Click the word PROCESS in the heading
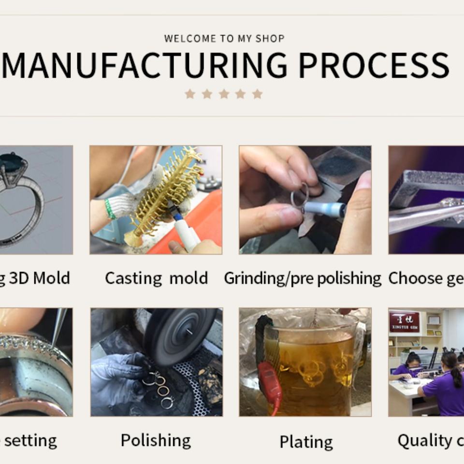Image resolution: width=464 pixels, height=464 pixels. click(374, 65)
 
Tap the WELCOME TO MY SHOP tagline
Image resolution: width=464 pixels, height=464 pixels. click(224, 39)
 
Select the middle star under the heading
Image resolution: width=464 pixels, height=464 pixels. click(223, 94)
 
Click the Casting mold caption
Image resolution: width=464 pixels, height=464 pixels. click(156, 278)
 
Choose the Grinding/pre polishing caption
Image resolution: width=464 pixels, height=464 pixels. click(303, 278)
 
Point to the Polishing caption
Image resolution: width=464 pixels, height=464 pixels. click(156, 441)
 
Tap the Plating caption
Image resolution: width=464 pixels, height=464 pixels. click(306, 442)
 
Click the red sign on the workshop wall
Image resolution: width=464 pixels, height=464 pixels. click(404, 321)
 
